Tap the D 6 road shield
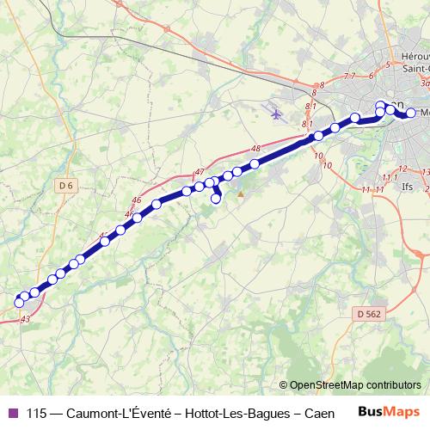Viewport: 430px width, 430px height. [x=67, y=186]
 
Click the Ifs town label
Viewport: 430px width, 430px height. [x=408, y=185]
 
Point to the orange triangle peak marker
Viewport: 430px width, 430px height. [x=241, y=193]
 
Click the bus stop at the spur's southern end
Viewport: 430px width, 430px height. [x=216, y=199]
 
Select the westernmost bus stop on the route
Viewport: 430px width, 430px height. [x=19, y=302]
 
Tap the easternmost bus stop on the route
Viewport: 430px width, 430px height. [x=411, y=113]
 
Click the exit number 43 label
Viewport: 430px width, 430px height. [x=24, y=319]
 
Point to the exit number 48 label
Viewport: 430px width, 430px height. [x=255, y=149]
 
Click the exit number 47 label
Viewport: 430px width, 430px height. [x=200, y=172]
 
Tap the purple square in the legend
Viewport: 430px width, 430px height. [x=11, y=413]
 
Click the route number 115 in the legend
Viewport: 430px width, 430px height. [x=35, y=413]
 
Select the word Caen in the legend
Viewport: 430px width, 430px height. [x=319, y=413]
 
